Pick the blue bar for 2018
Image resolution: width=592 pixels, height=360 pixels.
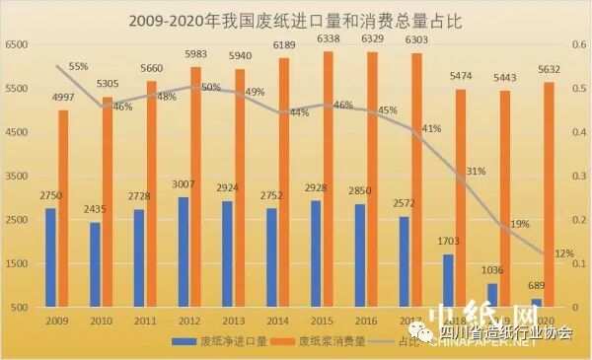pos(448,281)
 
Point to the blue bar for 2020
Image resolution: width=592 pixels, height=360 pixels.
pos(536,303)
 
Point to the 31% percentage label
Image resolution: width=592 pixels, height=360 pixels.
pos(476,171)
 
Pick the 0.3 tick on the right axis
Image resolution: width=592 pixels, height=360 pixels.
pos(576,177)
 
